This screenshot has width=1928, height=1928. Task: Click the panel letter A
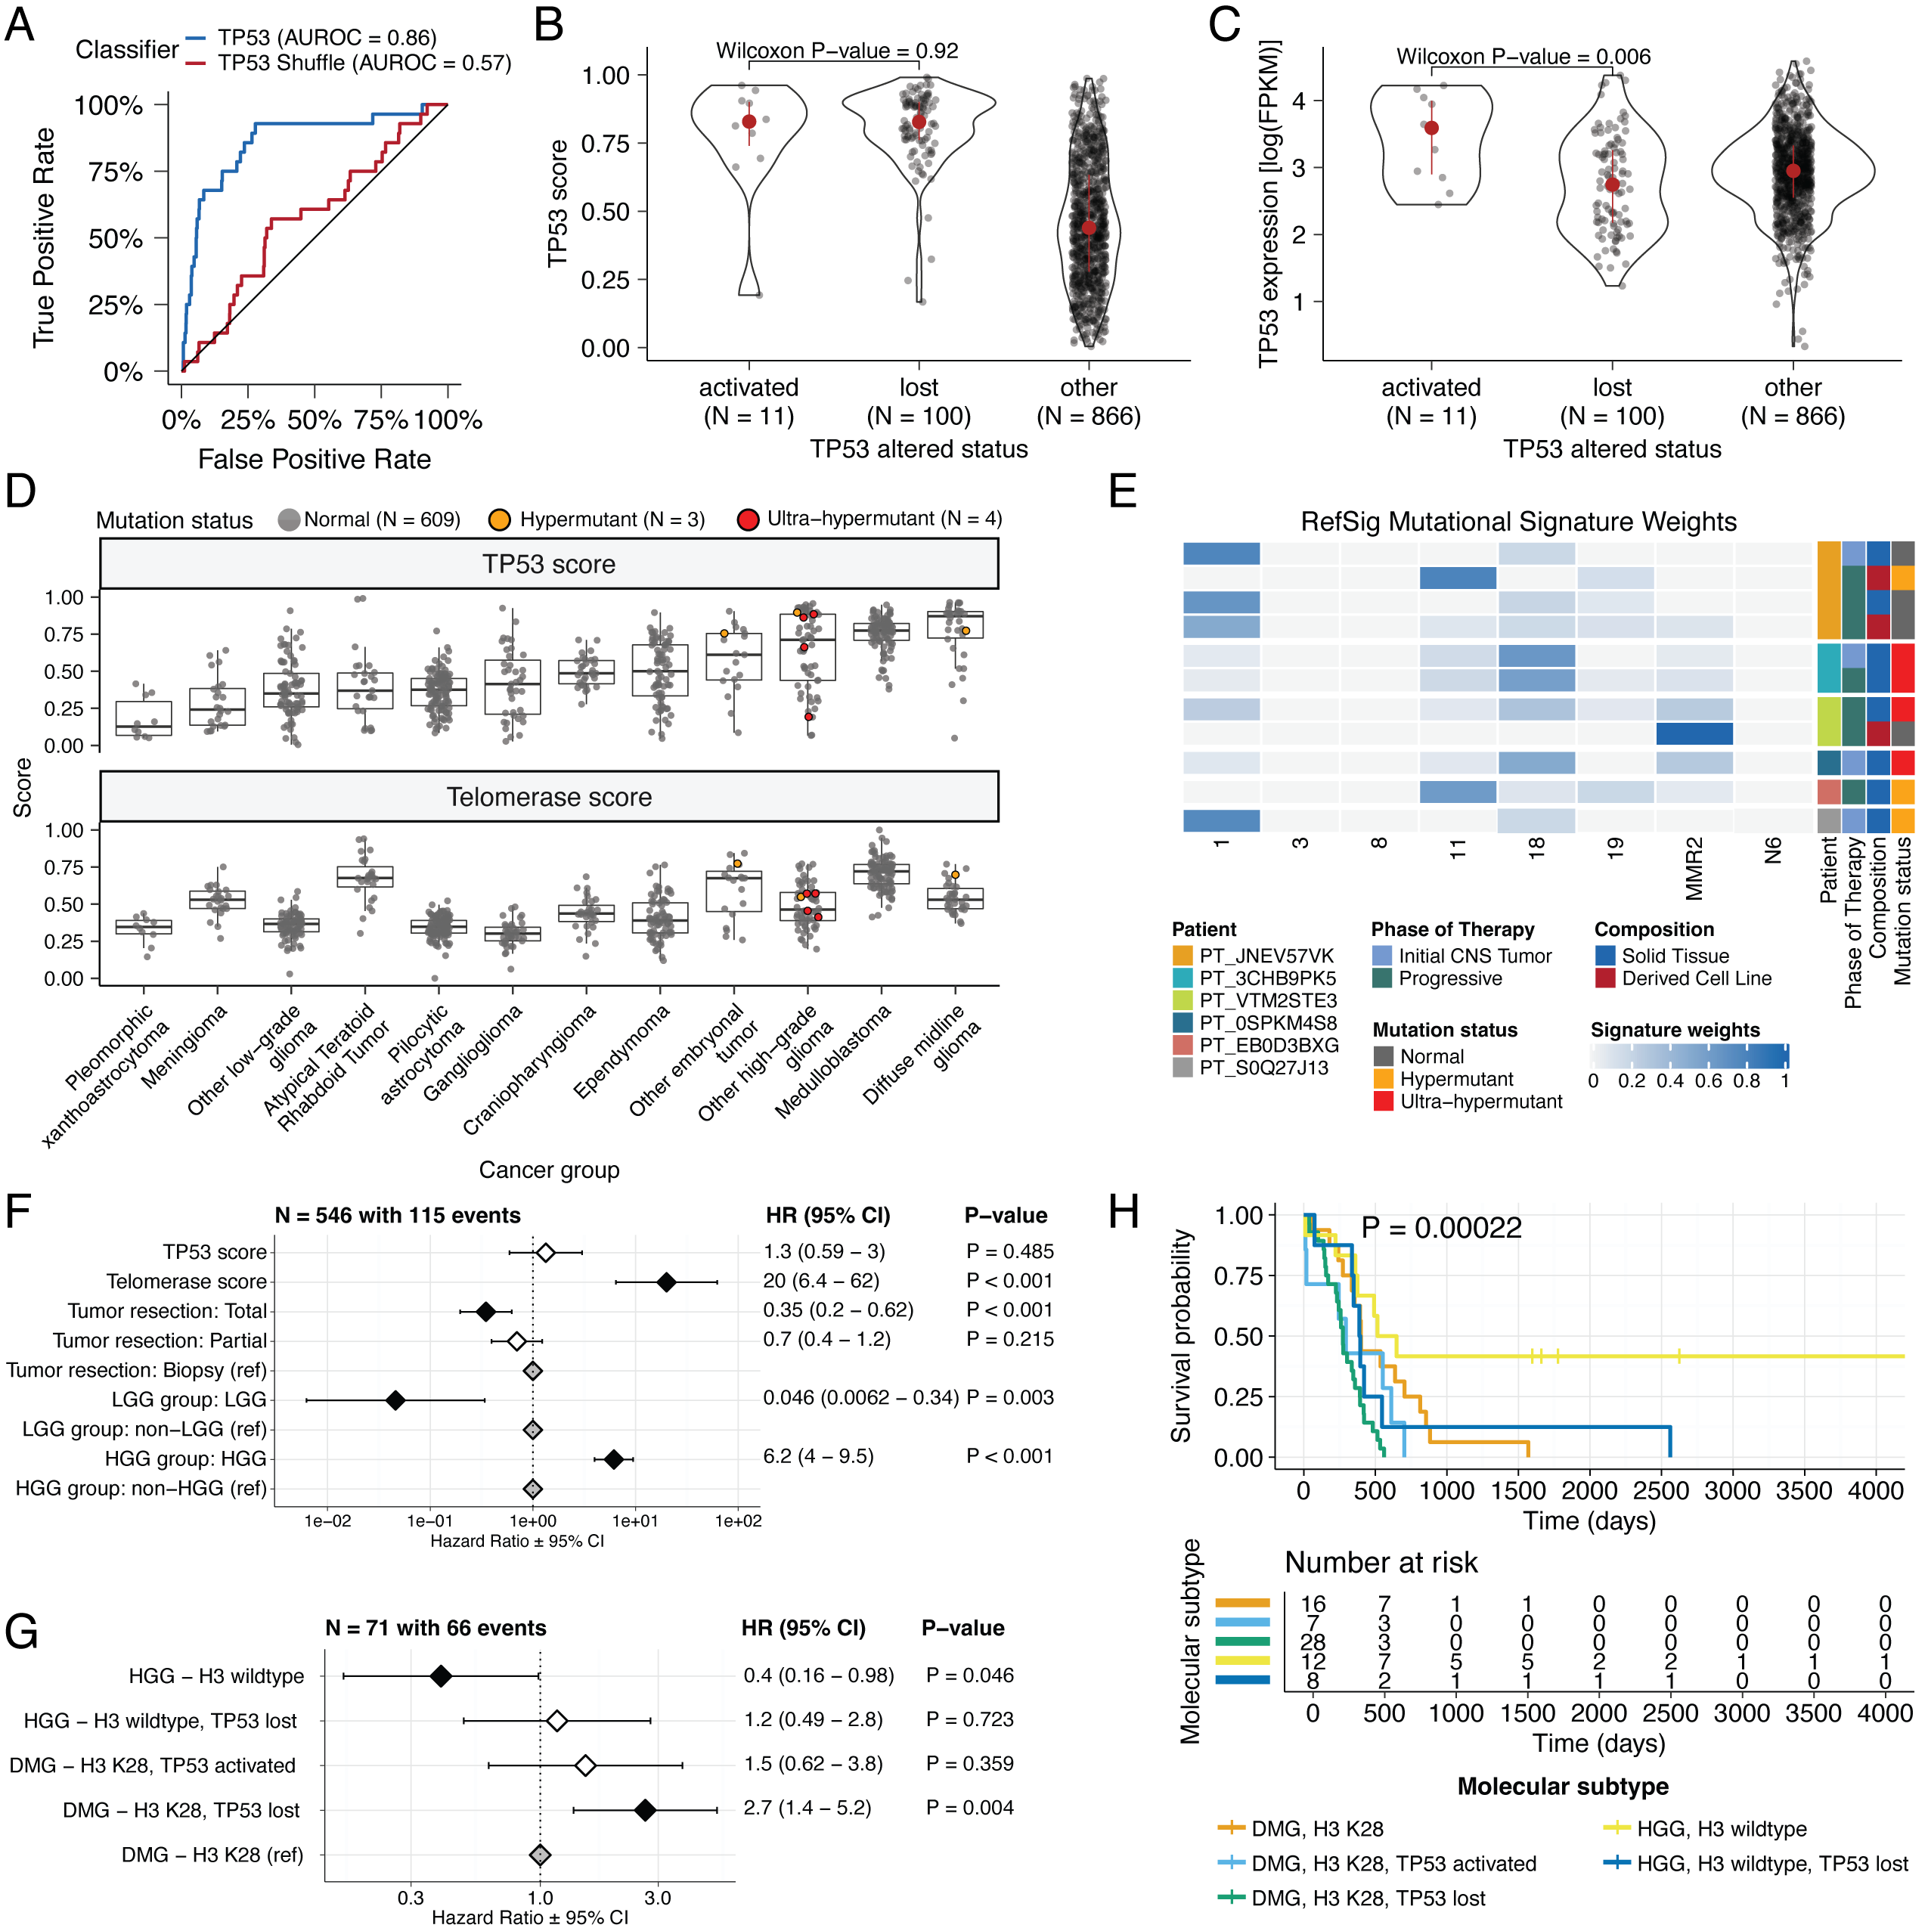tap(20, 25)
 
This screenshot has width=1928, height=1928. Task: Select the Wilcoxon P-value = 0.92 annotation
tap(836, 51)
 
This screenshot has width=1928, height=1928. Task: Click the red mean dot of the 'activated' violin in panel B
tap(749, 122)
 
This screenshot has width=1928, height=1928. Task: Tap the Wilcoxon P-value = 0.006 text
tap(1523, 57)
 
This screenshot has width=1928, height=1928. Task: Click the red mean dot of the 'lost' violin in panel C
tap(1612, 184)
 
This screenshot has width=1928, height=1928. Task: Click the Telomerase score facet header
tap(549, 798)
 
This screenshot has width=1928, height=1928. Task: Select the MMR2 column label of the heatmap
tap(1694, 868)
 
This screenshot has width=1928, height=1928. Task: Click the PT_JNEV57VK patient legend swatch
tap(1183, 956)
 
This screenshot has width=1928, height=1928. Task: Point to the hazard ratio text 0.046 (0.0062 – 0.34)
tap(860, 1398)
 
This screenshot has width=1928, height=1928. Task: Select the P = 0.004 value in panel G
tap(969, 1809)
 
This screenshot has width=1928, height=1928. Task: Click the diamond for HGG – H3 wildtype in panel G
tap(440, 1676)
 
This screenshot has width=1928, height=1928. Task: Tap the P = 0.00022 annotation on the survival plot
tap(1441, 1229)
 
